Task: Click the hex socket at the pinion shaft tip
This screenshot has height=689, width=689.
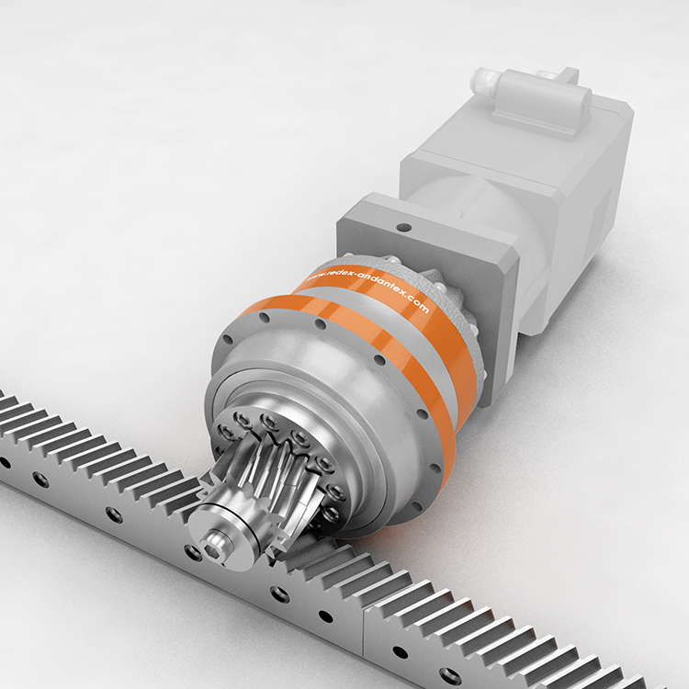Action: [x=216, y=548]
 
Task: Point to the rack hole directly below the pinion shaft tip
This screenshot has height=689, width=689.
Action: [x=192, y=552]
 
